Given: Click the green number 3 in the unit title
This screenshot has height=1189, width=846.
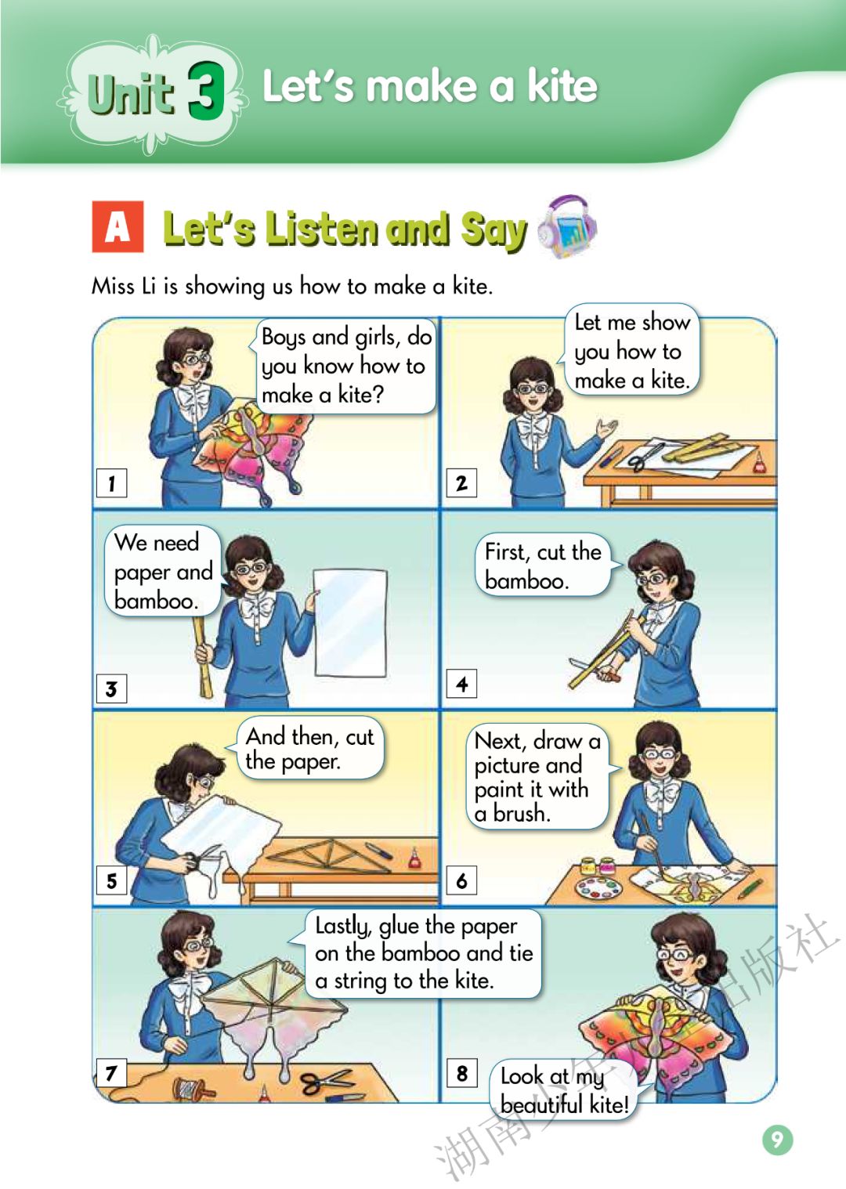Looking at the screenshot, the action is point(206,90).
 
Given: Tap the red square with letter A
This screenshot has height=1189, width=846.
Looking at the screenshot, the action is point(117,226).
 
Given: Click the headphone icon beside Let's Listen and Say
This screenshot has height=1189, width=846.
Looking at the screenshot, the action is point(567,226).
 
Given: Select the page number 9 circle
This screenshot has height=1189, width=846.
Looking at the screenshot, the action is point(777,1139).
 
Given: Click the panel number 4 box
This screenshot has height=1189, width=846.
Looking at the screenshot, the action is point(461,684).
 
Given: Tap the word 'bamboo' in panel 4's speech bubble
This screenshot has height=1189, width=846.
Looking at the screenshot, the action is point(526,580).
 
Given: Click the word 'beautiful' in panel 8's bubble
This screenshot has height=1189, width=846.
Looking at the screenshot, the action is point(541,1105).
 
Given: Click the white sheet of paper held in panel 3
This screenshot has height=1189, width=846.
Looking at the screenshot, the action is point(350,623).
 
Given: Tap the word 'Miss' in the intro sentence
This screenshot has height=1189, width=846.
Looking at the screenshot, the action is point(113,287).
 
